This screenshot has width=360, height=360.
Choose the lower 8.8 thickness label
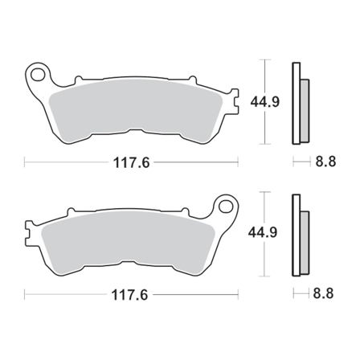click(x=325, y=294)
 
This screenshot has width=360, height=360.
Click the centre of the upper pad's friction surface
click(x=133, y=108)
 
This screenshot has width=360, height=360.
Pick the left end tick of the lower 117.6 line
click(x=26, y=294)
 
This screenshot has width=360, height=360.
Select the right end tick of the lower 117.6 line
click(x=239, y=294)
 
